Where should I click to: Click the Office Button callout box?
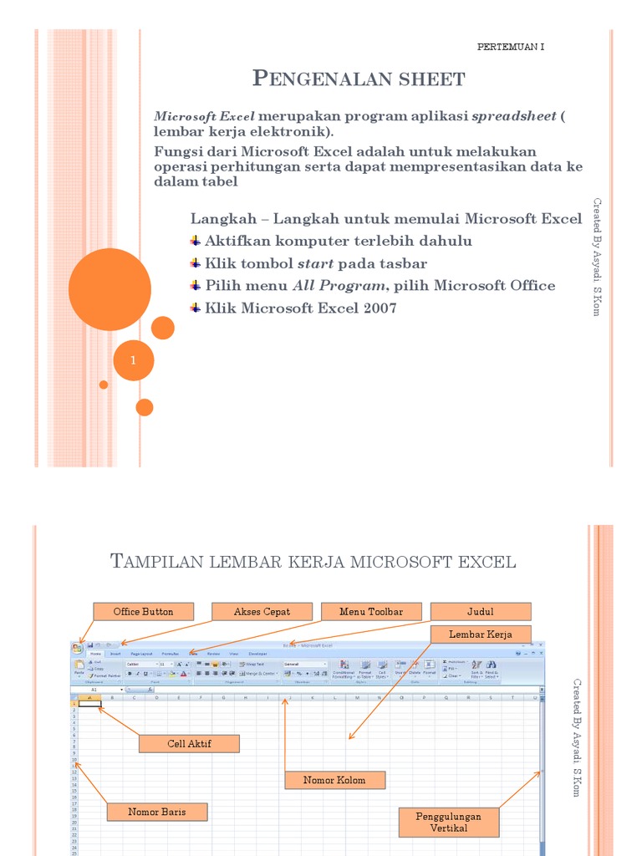pos(143,612)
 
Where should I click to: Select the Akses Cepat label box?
pos(262,612)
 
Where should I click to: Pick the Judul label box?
pos(481,612)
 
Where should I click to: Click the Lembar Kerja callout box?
pos(479,634)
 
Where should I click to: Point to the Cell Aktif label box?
pos(188,744)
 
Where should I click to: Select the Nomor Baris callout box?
pos(156,812)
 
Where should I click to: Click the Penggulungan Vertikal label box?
pos(449,822)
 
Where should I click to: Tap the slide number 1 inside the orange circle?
pos(133,361)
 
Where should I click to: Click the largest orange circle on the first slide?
pos(109,289)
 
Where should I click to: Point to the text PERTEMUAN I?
pos(510,47)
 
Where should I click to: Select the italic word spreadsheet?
pos(513,116)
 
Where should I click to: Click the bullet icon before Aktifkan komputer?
pos(196,241)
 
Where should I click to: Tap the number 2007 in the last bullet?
pos(376,308)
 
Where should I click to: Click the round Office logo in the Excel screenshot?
pos(77,647)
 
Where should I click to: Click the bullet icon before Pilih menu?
pos(196,285)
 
